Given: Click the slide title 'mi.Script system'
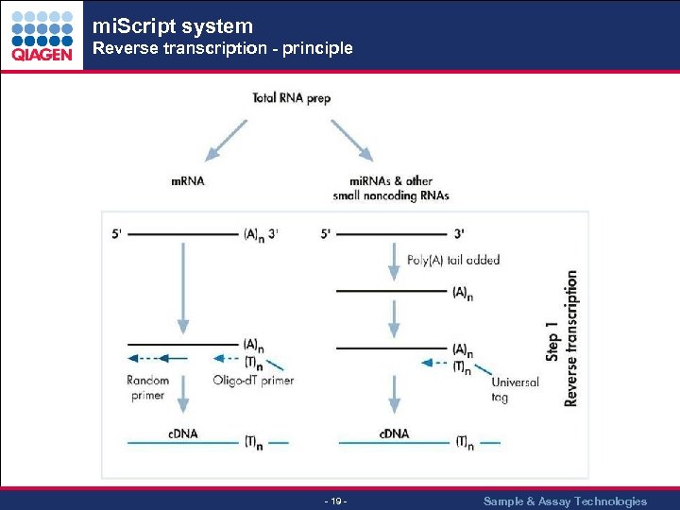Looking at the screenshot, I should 173,26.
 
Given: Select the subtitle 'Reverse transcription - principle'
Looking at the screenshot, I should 222,48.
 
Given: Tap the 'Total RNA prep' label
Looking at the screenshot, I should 292,97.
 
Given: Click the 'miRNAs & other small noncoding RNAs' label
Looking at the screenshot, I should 391,189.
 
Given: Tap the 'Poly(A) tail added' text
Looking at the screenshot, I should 453,260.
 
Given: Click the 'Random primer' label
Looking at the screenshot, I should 147,387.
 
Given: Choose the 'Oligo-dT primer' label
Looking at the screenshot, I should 253,381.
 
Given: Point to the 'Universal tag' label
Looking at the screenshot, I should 515,390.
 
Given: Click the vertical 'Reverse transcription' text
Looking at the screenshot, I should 571,338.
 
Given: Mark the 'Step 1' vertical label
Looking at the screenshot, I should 552,338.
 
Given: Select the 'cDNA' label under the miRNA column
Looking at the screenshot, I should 394,433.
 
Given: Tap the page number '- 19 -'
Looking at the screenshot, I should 336,501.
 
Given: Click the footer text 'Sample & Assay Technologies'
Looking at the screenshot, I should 565,501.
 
